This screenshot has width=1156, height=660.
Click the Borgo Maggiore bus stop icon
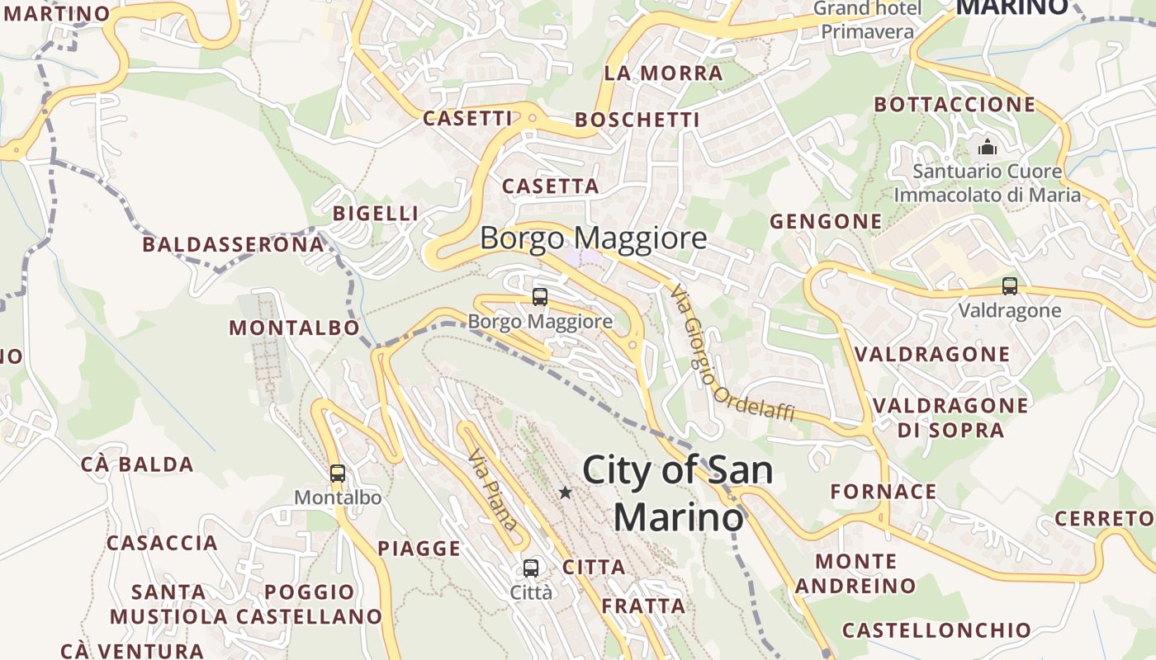540,297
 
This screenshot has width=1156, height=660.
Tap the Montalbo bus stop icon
338,474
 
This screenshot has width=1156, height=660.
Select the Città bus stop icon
531,568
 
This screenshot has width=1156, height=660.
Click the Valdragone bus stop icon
1009,286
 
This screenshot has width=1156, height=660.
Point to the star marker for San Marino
565,493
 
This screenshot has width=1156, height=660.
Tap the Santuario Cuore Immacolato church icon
987,148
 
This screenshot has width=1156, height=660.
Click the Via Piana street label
493,489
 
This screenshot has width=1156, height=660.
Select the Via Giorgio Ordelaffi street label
732,354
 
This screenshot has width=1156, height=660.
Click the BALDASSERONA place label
234,245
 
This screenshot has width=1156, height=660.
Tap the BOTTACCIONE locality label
954,105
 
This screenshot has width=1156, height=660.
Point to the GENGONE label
826,221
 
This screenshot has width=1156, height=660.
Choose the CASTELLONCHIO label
936,630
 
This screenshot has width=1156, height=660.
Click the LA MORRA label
663,73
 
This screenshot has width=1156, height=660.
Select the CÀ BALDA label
137,464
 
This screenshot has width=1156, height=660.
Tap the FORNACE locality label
883,492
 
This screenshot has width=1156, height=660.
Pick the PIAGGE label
419,549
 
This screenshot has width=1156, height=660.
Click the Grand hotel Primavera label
867,20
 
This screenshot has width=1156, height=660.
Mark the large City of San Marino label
677,493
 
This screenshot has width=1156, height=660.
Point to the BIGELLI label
375,214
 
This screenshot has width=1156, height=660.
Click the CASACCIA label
162,543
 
